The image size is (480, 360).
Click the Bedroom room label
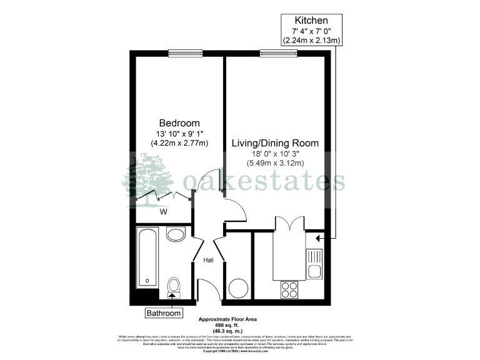click(x=179, y=122)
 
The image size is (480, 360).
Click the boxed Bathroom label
click(x=164, y=313)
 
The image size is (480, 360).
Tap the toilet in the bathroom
click(x=174, y=288)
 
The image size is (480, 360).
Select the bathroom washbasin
click(x=176, y=234)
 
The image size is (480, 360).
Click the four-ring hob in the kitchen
click(x=289, y=289)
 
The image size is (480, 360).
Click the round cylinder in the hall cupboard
click(x=237, y=288)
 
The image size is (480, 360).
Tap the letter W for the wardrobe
click(x=163, y=211)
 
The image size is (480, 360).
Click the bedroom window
click(x=186, y=52)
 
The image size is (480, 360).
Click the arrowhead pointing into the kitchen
click(x=319, y=238)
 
